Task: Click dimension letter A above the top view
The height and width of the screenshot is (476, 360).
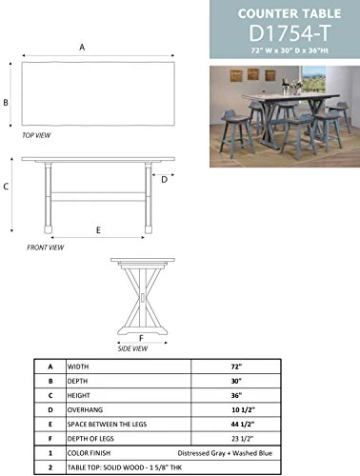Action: pyautogui.click(x=82, y=47)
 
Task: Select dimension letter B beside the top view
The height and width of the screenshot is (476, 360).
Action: pyautogui.click(x=6, y=103)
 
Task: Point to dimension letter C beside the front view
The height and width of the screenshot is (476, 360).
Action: pyautogui.click(x=6, y=188)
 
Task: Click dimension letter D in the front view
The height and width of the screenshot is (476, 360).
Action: pyautogui.click(x=164, y=178)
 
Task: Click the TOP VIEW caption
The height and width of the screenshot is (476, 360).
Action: pyautogui.click(x=36, y=136)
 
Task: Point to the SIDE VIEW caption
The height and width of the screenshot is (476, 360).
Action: pyautogui.click(x=132, y=348)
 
